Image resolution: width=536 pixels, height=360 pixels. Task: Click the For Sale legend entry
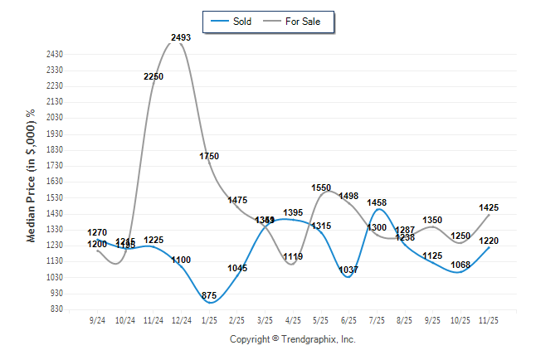click(x=302, y=21)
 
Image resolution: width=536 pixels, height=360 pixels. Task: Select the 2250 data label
click(x=153, y=76)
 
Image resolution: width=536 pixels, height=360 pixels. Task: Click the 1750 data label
click(x=209, y=156)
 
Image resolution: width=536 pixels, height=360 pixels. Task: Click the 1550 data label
click(x=321, y=187)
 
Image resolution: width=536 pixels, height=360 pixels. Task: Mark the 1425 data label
click(x=489, y=207)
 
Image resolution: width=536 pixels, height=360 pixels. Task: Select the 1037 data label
click(x=348, y=270)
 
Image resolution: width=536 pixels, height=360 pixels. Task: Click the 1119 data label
click(x=293, y=256)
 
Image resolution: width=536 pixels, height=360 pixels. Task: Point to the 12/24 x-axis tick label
click(x=181, y=319)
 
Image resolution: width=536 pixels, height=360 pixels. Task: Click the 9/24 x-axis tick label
click(x=97, y=319)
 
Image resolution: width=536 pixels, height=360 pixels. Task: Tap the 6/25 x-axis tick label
click(x=348, y=319)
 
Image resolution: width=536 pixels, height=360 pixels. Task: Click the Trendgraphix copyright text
click(x=292, y=339)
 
